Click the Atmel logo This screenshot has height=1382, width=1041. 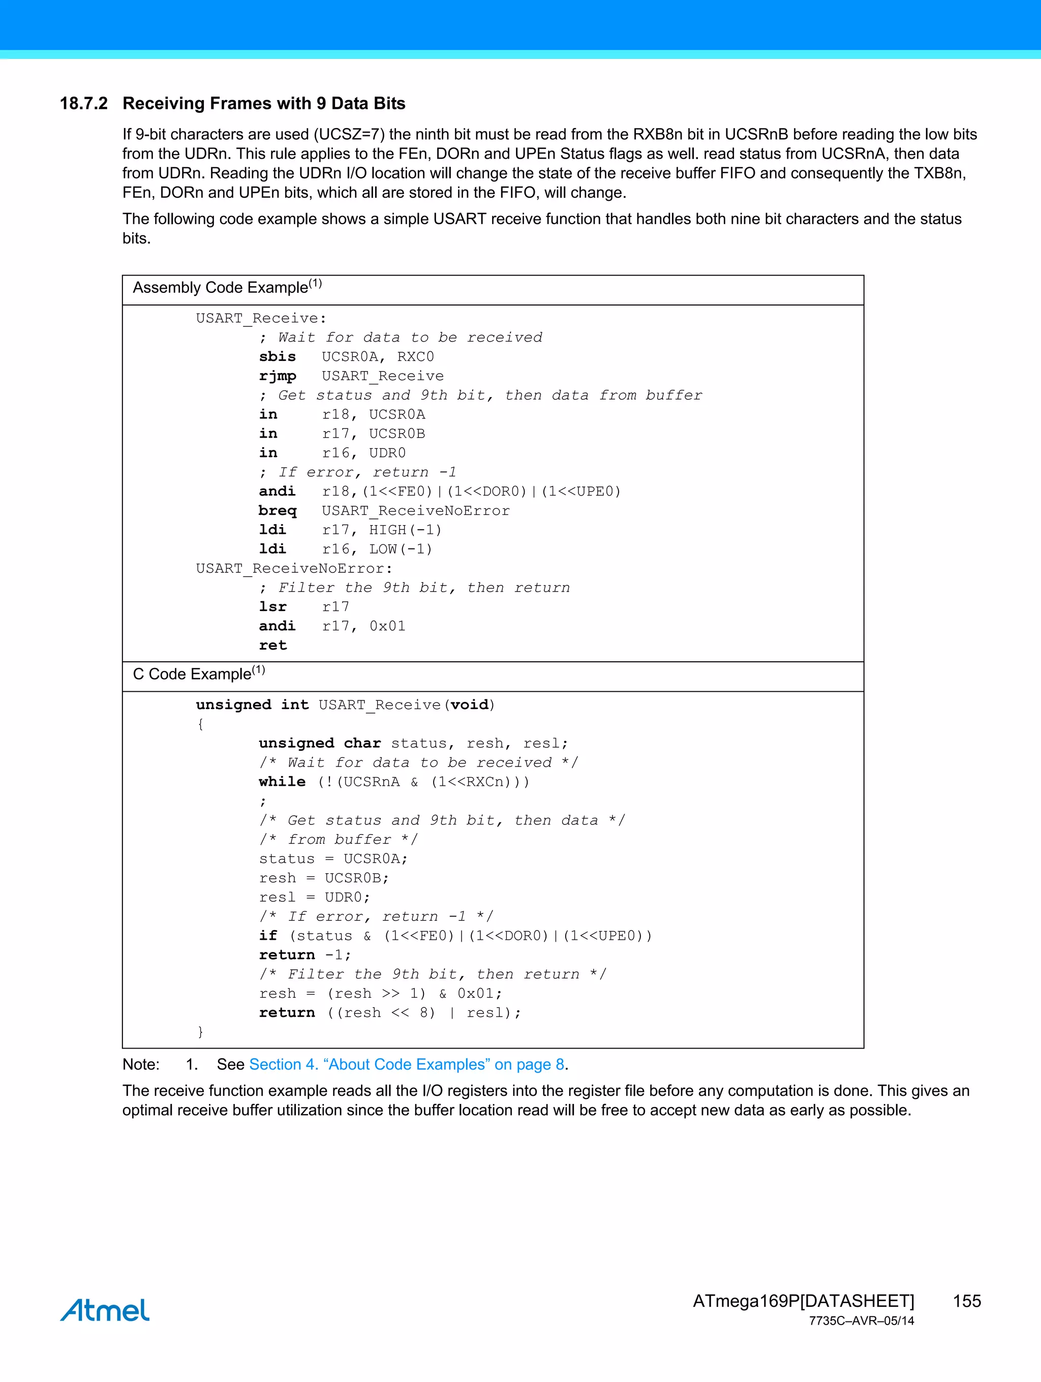click(105, 1310)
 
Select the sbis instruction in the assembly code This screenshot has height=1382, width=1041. click(278, 357)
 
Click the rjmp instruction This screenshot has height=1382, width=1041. click(278, 376)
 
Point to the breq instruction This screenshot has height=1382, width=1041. click(278, 511)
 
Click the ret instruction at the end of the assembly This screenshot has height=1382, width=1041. click(273, 646)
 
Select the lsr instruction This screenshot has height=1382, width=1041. click(273, 607)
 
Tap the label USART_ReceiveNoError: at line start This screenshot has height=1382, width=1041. click(294, 569)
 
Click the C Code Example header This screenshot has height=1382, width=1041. click(199, 674)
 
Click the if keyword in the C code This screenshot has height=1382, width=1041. click(268, 936)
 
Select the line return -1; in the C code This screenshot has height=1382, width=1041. click(305, 955)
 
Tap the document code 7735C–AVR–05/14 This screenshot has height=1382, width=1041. click(861, 1321)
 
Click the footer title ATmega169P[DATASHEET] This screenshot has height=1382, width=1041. click(803, 1301)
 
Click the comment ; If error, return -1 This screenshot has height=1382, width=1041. click(358, 472)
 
